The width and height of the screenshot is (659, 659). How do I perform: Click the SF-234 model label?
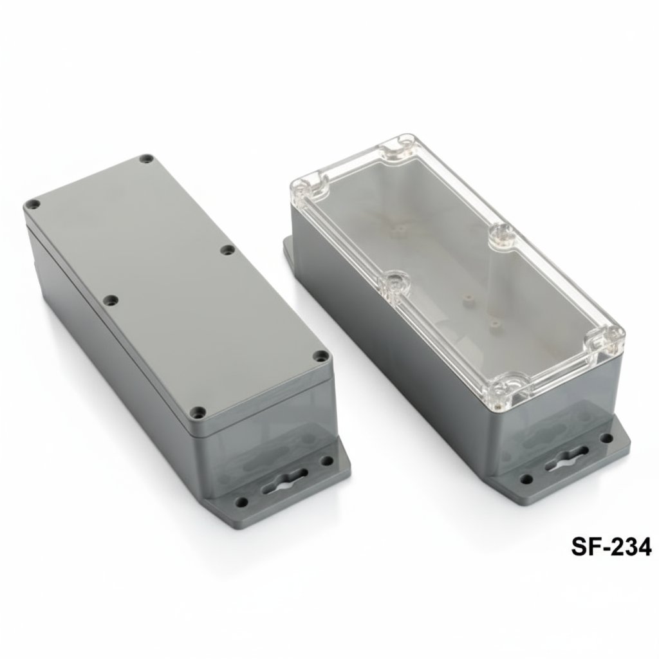[x=611, y=547]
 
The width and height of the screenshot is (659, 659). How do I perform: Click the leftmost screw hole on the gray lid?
[x=29, y=205]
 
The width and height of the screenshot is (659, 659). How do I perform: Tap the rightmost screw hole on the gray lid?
[x=320, y=355]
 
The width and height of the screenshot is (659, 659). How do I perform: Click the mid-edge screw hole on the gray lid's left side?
[x=111, y=299]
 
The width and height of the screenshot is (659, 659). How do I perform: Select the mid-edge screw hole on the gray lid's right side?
[x=227, y=249]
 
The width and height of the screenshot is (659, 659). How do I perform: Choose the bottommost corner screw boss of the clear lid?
[x=501, y=387]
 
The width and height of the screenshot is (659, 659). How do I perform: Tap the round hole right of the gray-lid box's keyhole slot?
[x=328, y=461]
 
